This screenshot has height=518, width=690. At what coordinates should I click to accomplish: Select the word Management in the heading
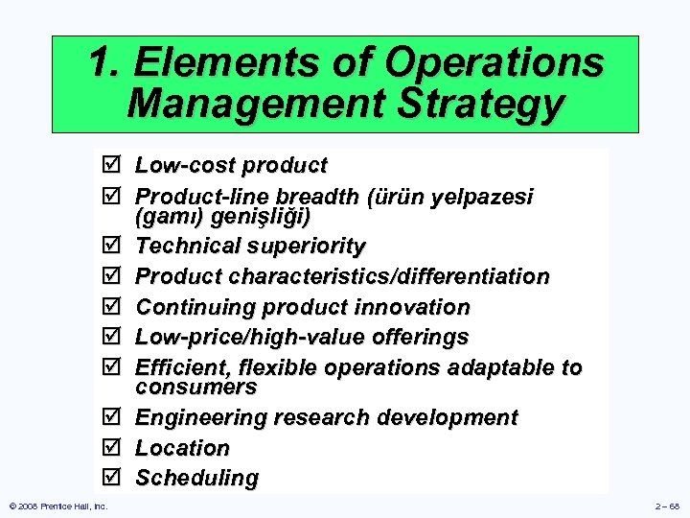coord(246,104)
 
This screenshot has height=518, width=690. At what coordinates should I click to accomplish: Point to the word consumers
coord(195,388)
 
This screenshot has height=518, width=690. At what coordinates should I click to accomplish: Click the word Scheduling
coord(196,478)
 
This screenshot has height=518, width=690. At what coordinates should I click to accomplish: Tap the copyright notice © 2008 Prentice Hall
coord(57,506)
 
